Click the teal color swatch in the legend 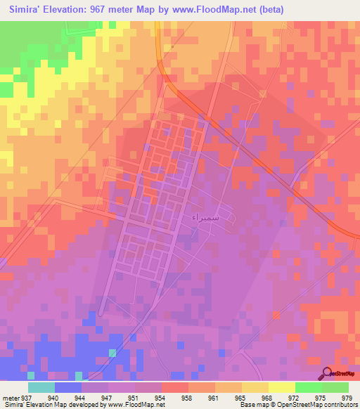coord(41,387)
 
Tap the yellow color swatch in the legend coord(282,387)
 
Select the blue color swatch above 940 coord(68,387)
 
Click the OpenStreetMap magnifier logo coord(328,372)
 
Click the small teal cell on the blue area coord(112,351)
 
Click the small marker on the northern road coord(172,47)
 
